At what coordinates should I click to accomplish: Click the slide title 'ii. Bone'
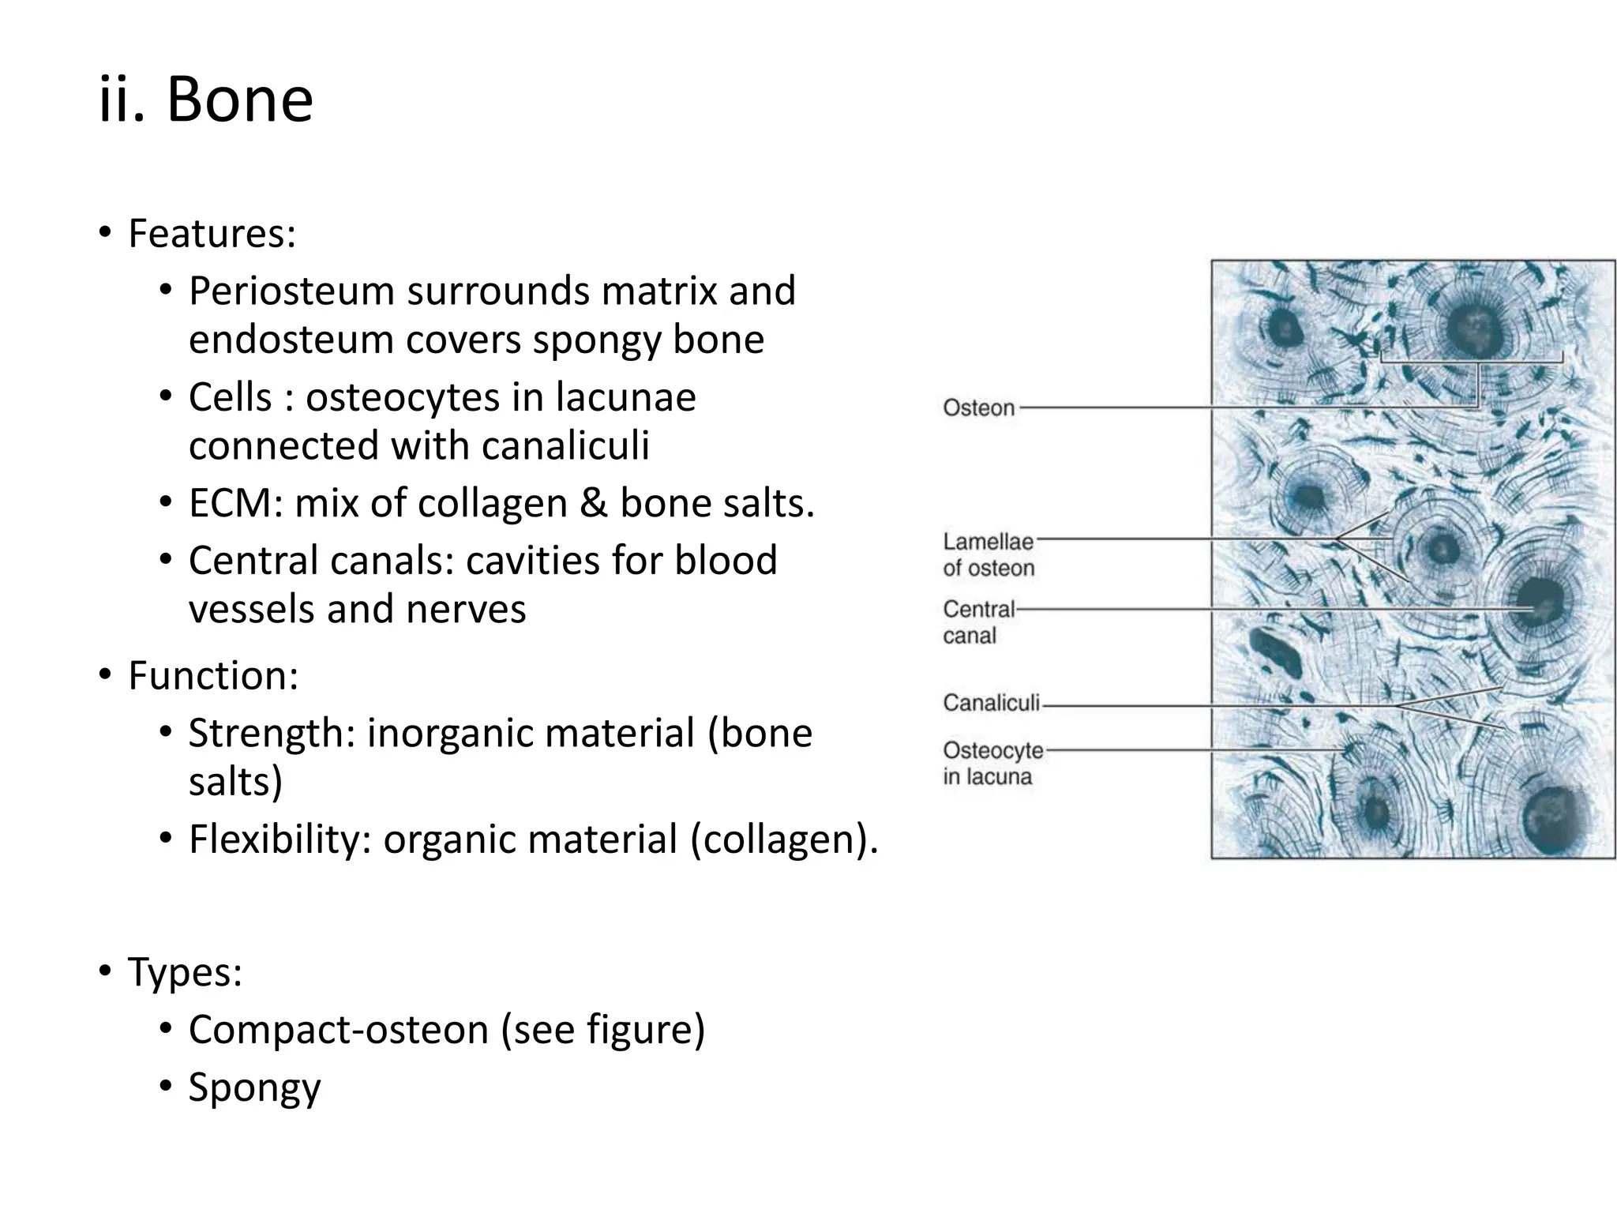[x=206, y=100]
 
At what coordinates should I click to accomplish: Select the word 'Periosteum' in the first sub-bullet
[x=291, y=291]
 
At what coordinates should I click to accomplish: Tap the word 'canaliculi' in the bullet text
[x=565, y=445]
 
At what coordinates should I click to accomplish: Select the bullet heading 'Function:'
[x=213, y=676]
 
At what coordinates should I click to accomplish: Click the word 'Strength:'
[x=272, y=733]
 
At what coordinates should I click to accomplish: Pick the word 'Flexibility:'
[x=280, y=839]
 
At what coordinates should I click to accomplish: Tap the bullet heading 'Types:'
[x=185, y=971]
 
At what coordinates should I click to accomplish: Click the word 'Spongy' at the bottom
[x=254, y=1087]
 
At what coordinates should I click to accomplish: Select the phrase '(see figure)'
[x=602, y=1030]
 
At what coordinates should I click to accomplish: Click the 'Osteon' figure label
[x=978, y=408]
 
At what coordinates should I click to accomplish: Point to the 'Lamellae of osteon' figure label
[x=988, y=554]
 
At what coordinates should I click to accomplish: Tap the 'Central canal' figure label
[x=978, y=622]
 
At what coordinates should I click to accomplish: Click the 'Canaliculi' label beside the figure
[x=991, y=703]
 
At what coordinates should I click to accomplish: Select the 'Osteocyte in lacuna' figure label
[x=992, y=763]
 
